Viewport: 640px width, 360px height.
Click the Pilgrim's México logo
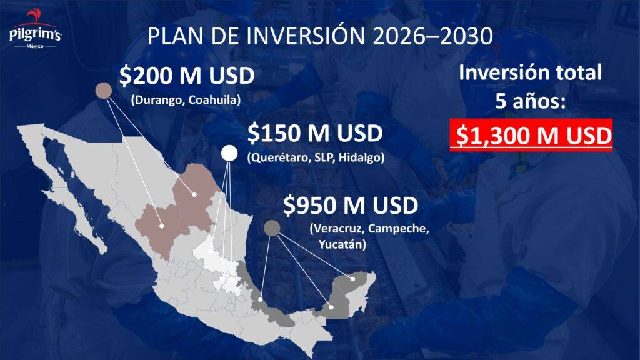pos(35,30)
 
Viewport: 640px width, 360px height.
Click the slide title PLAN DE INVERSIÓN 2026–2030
pos(320,36)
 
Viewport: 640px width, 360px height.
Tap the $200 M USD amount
pos(187,76)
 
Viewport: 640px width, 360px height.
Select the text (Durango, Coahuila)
pos(186,100)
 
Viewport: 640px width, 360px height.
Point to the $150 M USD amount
pos(315,134)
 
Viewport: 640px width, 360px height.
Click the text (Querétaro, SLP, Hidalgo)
pos(316,157)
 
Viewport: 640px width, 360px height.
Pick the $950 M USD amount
pos(351,205)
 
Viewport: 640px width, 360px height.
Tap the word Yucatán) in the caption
pos(342,244)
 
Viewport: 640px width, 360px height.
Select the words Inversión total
pos(530,72)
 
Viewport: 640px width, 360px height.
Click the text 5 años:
pos(530,101)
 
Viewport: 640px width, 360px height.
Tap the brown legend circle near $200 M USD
pos(104,90)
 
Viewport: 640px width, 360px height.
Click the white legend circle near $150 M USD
pos(229,154)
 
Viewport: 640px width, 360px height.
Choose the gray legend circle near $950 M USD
pos(272,228)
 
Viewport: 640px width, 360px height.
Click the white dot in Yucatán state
pos(352,279)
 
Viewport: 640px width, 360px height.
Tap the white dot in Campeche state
pos(331,307)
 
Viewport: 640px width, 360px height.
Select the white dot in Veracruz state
pos(261,300)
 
